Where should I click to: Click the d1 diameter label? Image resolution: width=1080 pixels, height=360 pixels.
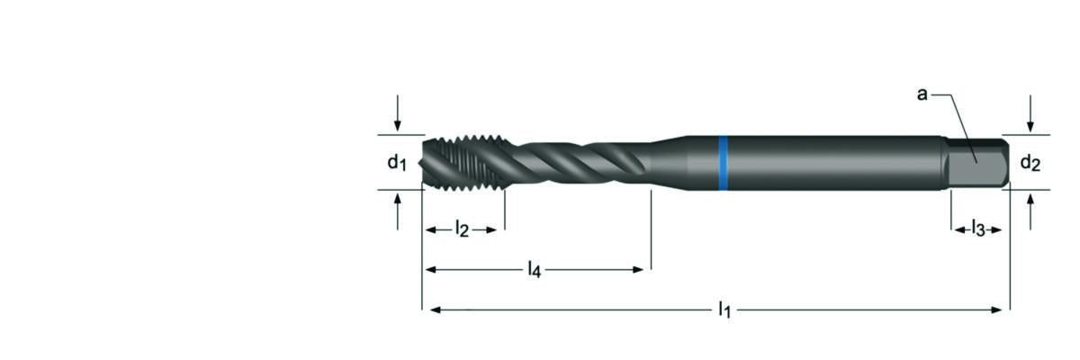click(x=398, y=163)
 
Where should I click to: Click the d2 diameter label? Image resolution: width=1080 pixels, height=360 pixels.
click(x=1030, y=163)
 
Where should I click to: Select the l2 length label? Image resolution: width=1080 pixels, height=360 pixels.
click(x=461, y=229)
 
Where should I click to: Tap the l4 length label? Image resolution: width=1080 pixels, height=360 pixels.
click(x=535, y=269)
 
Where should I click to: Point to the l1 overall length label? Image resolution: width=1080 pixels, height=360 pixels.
click(x=724, y=310)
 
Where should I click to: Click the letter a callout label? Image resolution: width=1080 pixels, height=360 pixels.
click(x=922, y=94)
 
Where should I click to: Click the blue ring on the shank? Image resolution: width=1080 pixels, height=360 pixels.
click(x=722, y=163)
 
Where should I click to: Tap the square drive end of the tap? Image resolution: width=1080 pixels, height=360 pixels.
click(x=978, y=162)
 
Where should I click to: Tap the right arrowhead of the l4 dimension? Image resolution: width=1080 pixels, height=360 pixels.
click(x=640, y=269)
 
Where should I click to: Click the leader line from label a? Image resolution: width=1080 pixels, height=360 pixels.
click(x=954, y=121)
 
